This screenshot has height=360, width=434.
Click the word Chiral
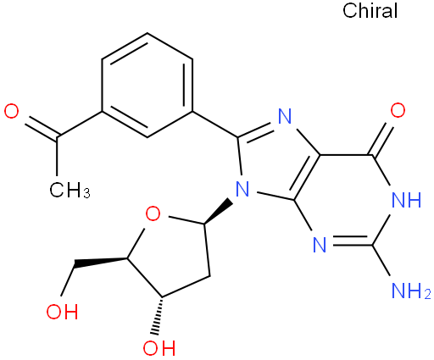[x=370, y=10]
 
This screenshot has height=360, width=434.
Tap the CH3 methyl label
[x=70, y=190]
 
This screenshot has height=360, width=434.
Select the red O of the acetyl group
[x=12, y=111]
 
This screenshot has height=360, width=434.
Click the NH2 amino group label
[x=411, y=291]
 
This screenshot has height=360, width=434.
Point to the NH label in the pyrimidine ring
[x=407, y=200]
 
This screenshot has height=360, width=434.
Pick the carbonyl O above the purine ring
[x=398, y=110]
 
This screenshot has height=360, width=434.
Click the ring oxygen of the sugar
[x=153, y=213]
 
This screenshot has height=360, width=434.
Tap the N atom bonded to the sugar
[x=242, y=189]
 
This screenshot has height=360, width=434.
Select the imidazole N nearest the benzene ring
[x=285, y=116]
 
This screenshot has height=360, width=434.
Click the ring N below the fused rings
[x=320, y=245]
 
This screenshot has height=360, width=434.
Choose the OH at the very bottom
[x=159, y=347]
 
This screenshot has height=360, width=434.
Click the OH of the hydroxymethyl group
[x=62, y=312]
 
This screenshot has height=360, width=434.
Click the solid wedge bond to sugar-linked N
[x=218, y=212]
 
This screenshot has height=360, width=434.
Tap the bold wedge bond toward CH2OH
[x=100, y=263]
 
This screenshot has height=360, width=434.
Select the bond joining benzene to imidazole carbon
[x=215, y=125]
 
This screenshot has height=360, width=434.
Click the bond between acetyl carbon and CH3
[x=57, y=158]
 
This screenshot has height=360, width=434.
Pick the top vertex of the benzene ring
[x=147, y=33]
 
